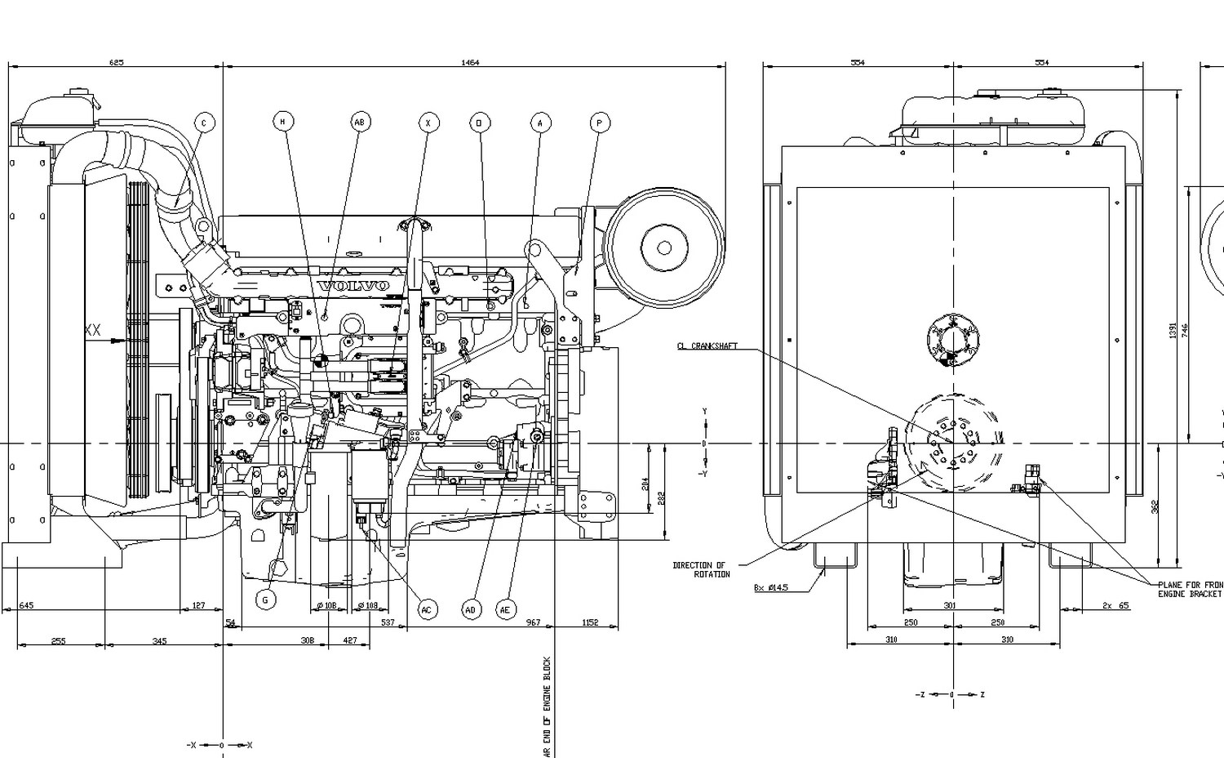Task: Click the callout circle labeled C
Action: click(204, 123)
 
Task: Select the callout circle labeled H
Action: click(283, 122)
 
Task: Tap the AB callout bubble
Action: click(360, 122)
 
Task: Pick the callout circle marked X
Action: click(428, 123)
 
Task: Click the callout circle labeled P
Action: click(600, 123)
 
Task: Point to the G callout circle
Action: click(265, 600)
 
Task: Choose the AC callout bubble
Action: click(427, 609)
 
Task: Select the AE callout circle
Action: click(506, 609)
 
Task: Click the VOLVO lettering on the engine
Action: click(353, 286)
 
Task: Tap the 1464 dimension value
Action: click(470, 63)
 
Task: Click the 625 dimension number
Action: click(116, 63)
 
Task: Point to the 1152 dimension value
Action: click(590, 622)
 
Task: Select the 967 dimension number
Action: click(533, 622)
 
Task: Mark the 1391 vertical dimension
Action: click(1173, 330)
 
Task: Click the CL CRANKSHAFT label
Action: click(707, 346)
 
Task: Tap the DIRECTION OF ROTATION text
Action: click(700, 569)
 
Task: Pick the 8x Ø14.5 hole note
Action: click(772, 587)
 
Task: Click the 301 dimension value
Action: click(950, 606)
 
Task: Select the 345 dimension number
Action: click(159, 641)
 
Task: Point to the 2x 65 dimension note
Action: click(1115, 606)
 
